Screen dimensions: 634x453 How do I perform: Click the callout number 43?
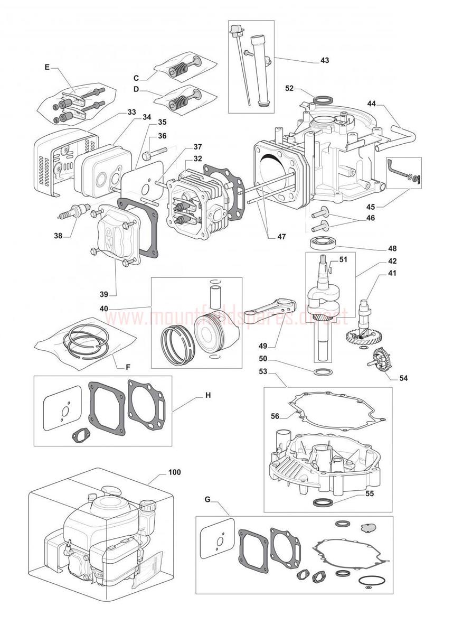click(x=325, y=60)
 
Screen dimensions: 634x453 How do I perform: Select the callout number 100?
click(x=174, y=472)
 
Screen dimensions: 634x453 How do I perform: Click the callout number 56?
click(x=275, y=416)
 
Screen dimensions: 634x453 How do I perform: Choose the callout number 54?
click(x=404, y=378)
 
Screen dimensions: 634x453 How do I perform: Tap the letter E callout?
click(x=47, y=67)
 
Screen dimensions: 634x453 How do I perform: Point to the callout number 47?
click(x=281, y=237)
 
